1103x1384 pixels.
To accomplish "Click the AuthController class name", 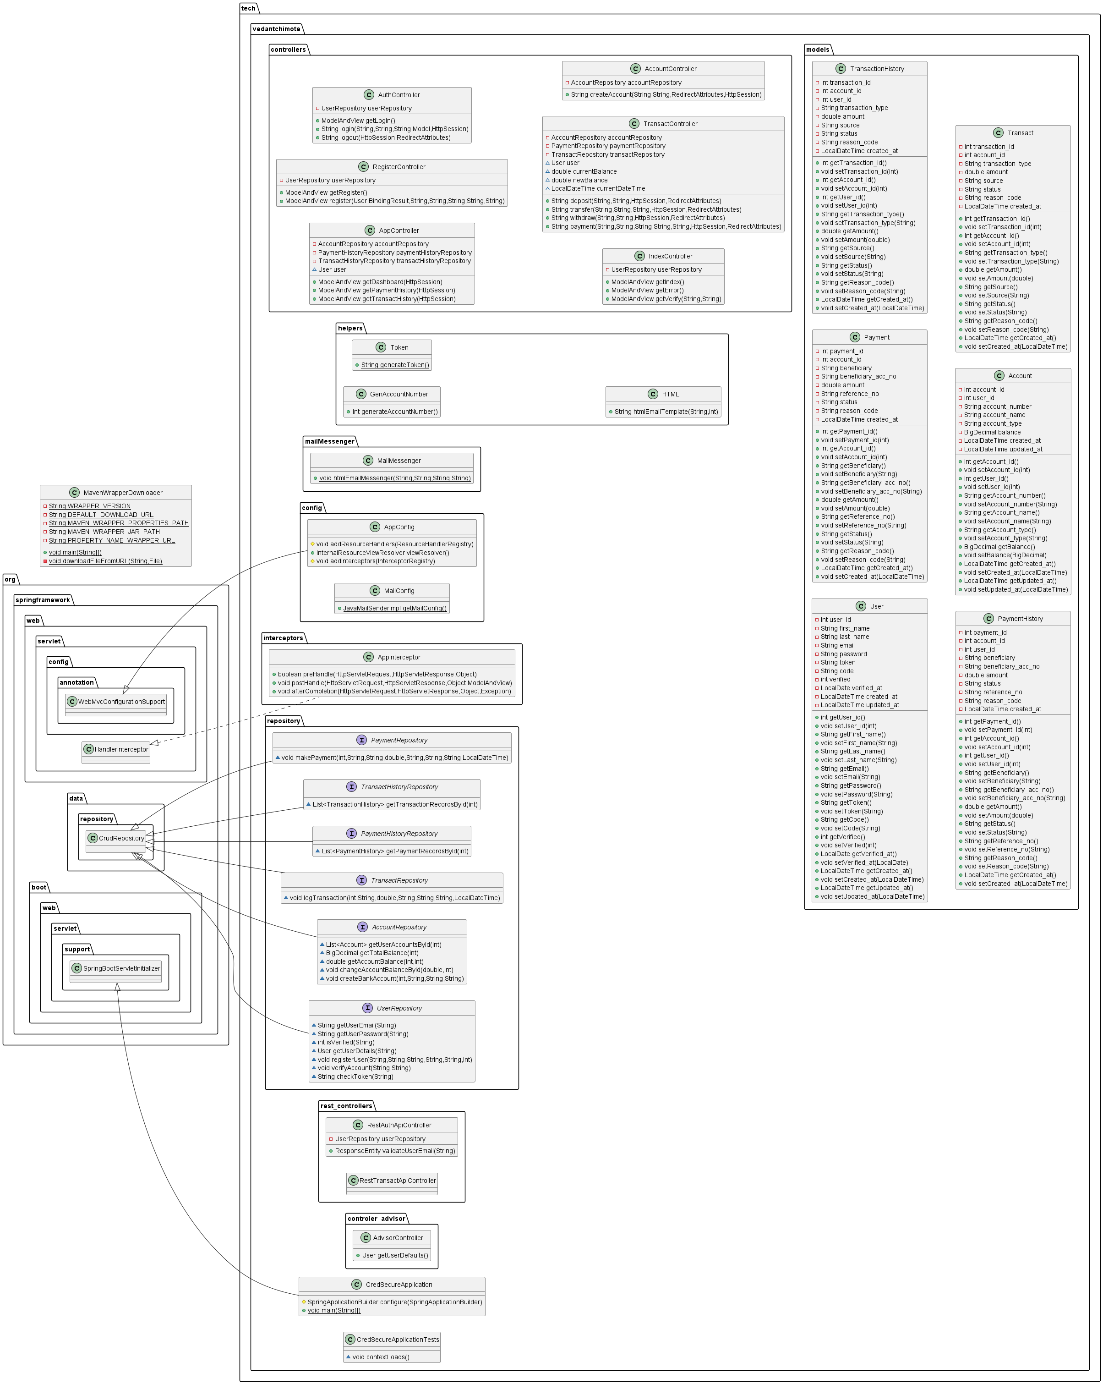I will pyautogui.click(x=399, y=95).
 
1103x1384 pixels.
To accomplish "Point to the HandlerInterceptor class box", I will pyautogui.click(x=116, y=749).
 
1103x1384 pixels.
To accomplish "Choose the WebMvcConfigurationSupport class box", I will pyautogui.click(x=116, y=702).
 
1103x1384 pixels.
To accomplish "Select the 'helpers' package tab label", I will pyautogui.click(x=350, y=329).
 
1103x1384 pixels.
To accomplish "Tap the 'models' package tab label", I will pyautogui.click(x=818, y=50).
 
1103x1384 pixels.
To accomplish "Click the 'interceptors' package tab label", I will pyautogui.click(x=283, y=638).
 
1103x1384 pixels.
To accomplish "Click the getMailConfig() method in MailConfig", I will pyautogui.click(x=395, y=609).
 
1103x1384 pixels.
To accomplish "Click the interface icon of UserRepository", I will pyautogui.click(x=368, y=1009).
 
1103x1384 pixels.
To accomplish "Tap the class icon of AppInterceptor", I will pyautogui.click(x=368, y=657).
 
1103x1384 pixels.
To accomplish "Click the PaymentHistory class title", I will pyautogui.click(x=1020, y=619).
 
